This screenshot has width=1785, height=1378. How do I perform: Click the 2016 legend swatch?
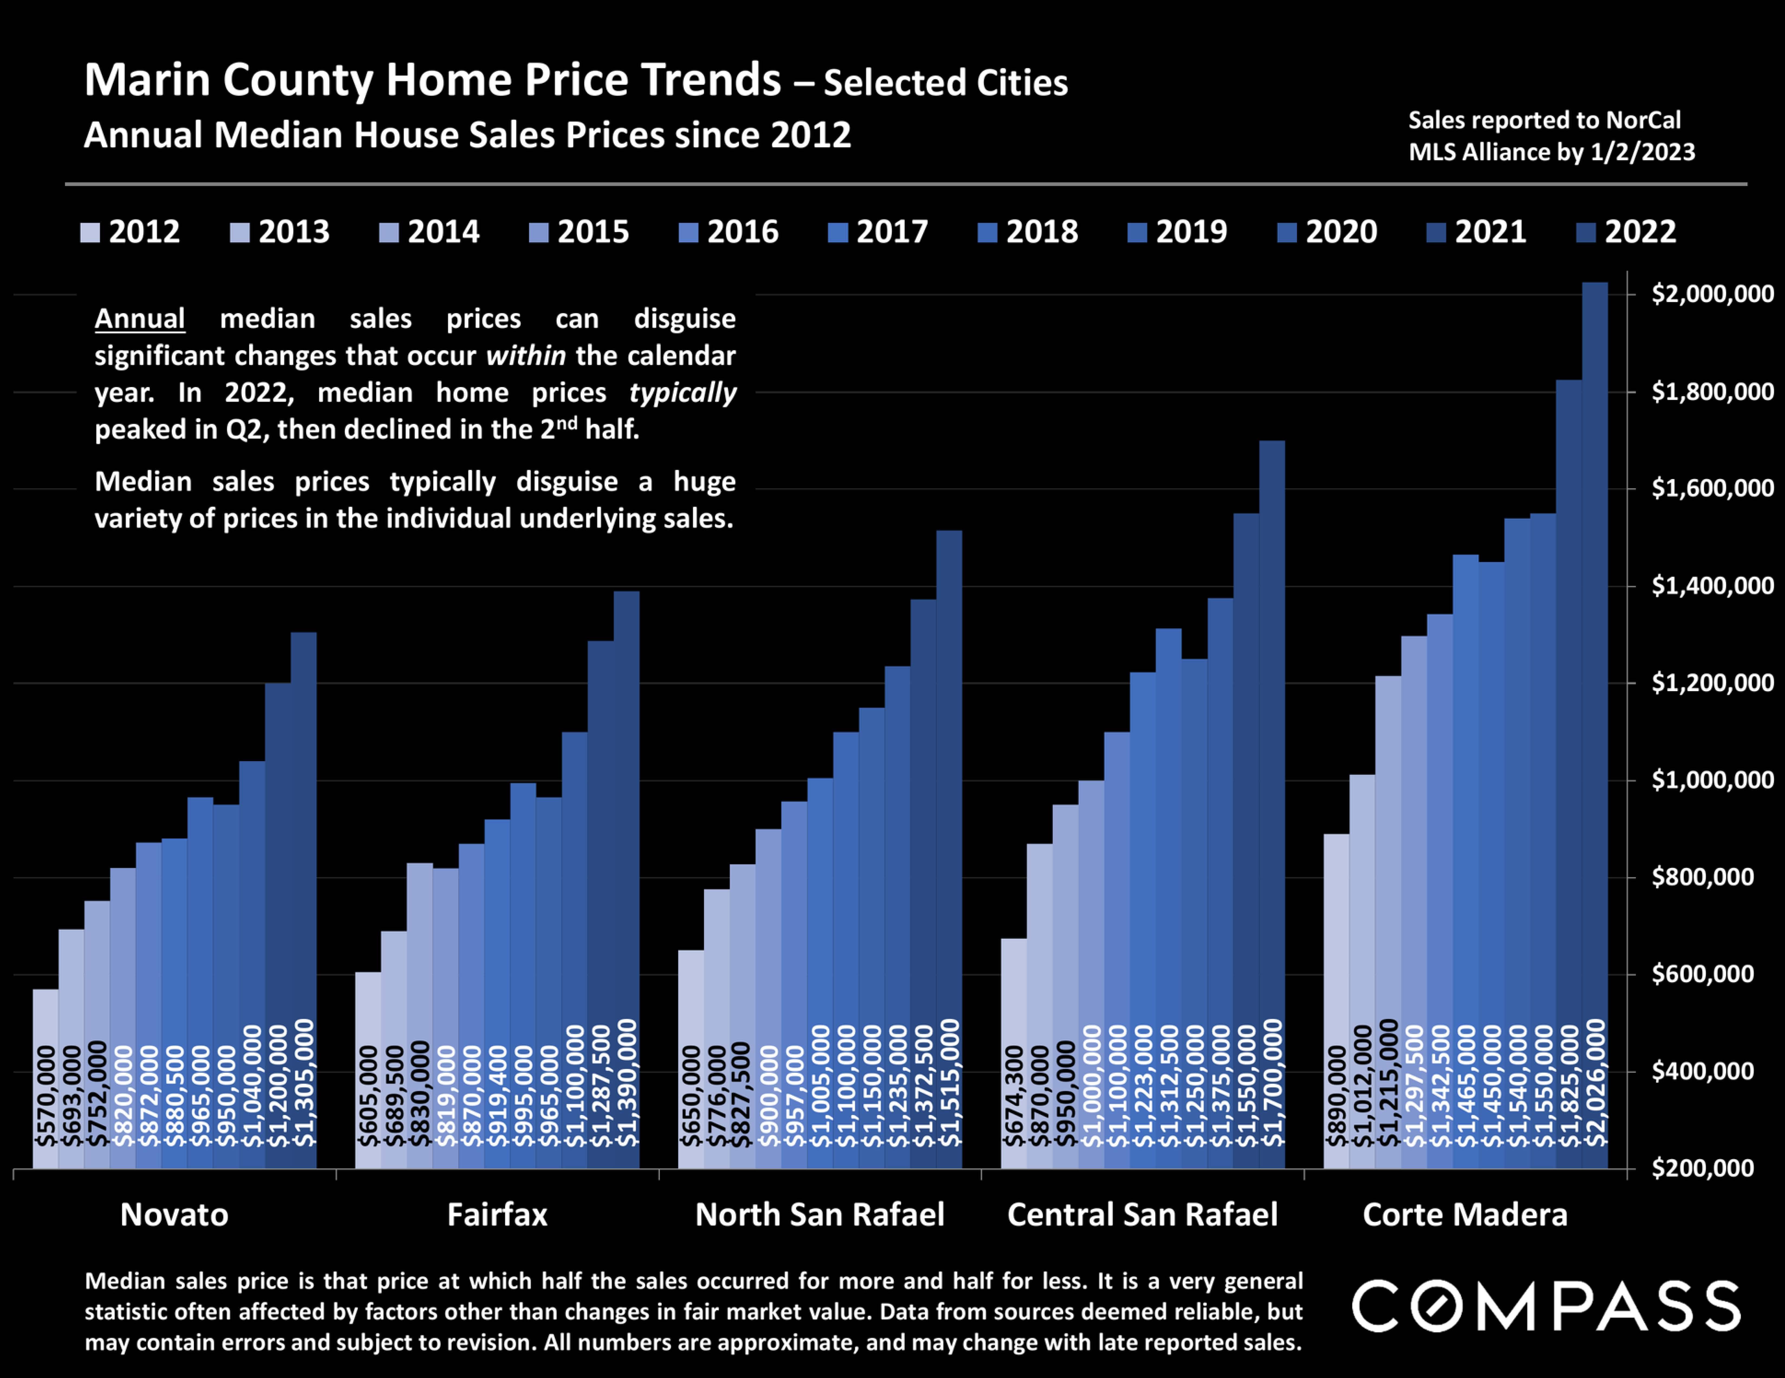coord(688,233)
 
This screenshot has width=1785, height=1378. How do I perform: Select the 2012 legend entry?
coord(131,232)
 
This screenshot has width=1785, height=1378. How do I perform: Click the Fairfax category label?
coord(497,1214)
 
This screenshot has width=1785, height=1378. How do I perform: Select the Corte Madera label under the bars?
coord(1465,1214)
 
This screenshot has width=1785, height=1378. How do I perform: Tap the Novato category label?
coord(174,1214)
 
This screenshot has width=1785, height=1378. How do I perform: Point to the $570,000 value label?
coord(46,1095)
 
